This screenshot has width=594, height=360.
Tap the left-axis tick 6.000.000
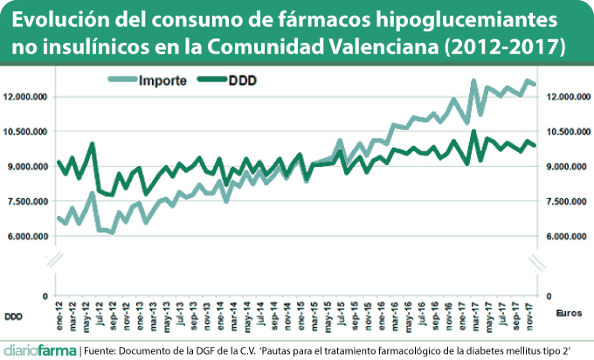pos(28,237)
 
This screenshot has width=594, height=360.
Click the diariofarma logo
pos(39,348)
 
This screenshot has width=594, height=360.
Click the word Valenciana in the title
pos(387,45)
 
